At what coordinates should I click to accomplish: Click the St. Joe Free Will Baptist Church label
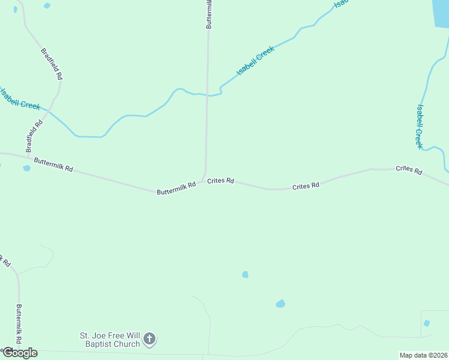110,340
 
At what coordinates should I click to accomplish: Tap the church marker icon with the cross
149,340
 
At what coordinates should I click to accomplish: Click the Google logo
20,353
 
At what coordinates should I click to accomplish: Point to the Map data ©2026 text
423,355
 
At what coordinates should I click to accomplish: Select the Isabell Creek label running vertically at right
420,127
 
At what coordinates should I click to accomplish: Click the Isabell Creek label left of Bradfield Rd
20,99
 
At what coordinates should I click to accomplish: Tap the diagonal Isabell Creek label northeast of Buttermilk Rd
256,61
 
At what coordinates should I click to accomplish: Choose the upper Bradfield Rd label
52,64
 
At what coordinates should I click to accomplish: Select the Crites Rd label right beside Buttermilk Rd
220,181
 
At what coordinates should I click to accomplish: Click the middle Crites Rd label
306,187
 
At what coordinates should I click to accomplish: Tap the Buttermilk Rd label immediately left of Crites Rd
176,188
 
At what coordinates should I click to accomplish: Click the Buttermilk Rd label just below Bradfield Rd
53,165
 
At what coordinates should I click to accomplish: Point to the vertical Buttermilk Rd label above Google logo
19,324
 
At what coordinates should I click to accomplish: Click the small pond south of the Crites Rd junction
245,274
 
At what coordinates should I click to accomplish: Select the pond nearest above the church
280,304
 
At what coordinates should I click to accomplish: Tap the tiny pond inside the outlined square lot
427,323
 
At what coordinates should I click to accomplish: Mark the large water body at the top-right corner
441,12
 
